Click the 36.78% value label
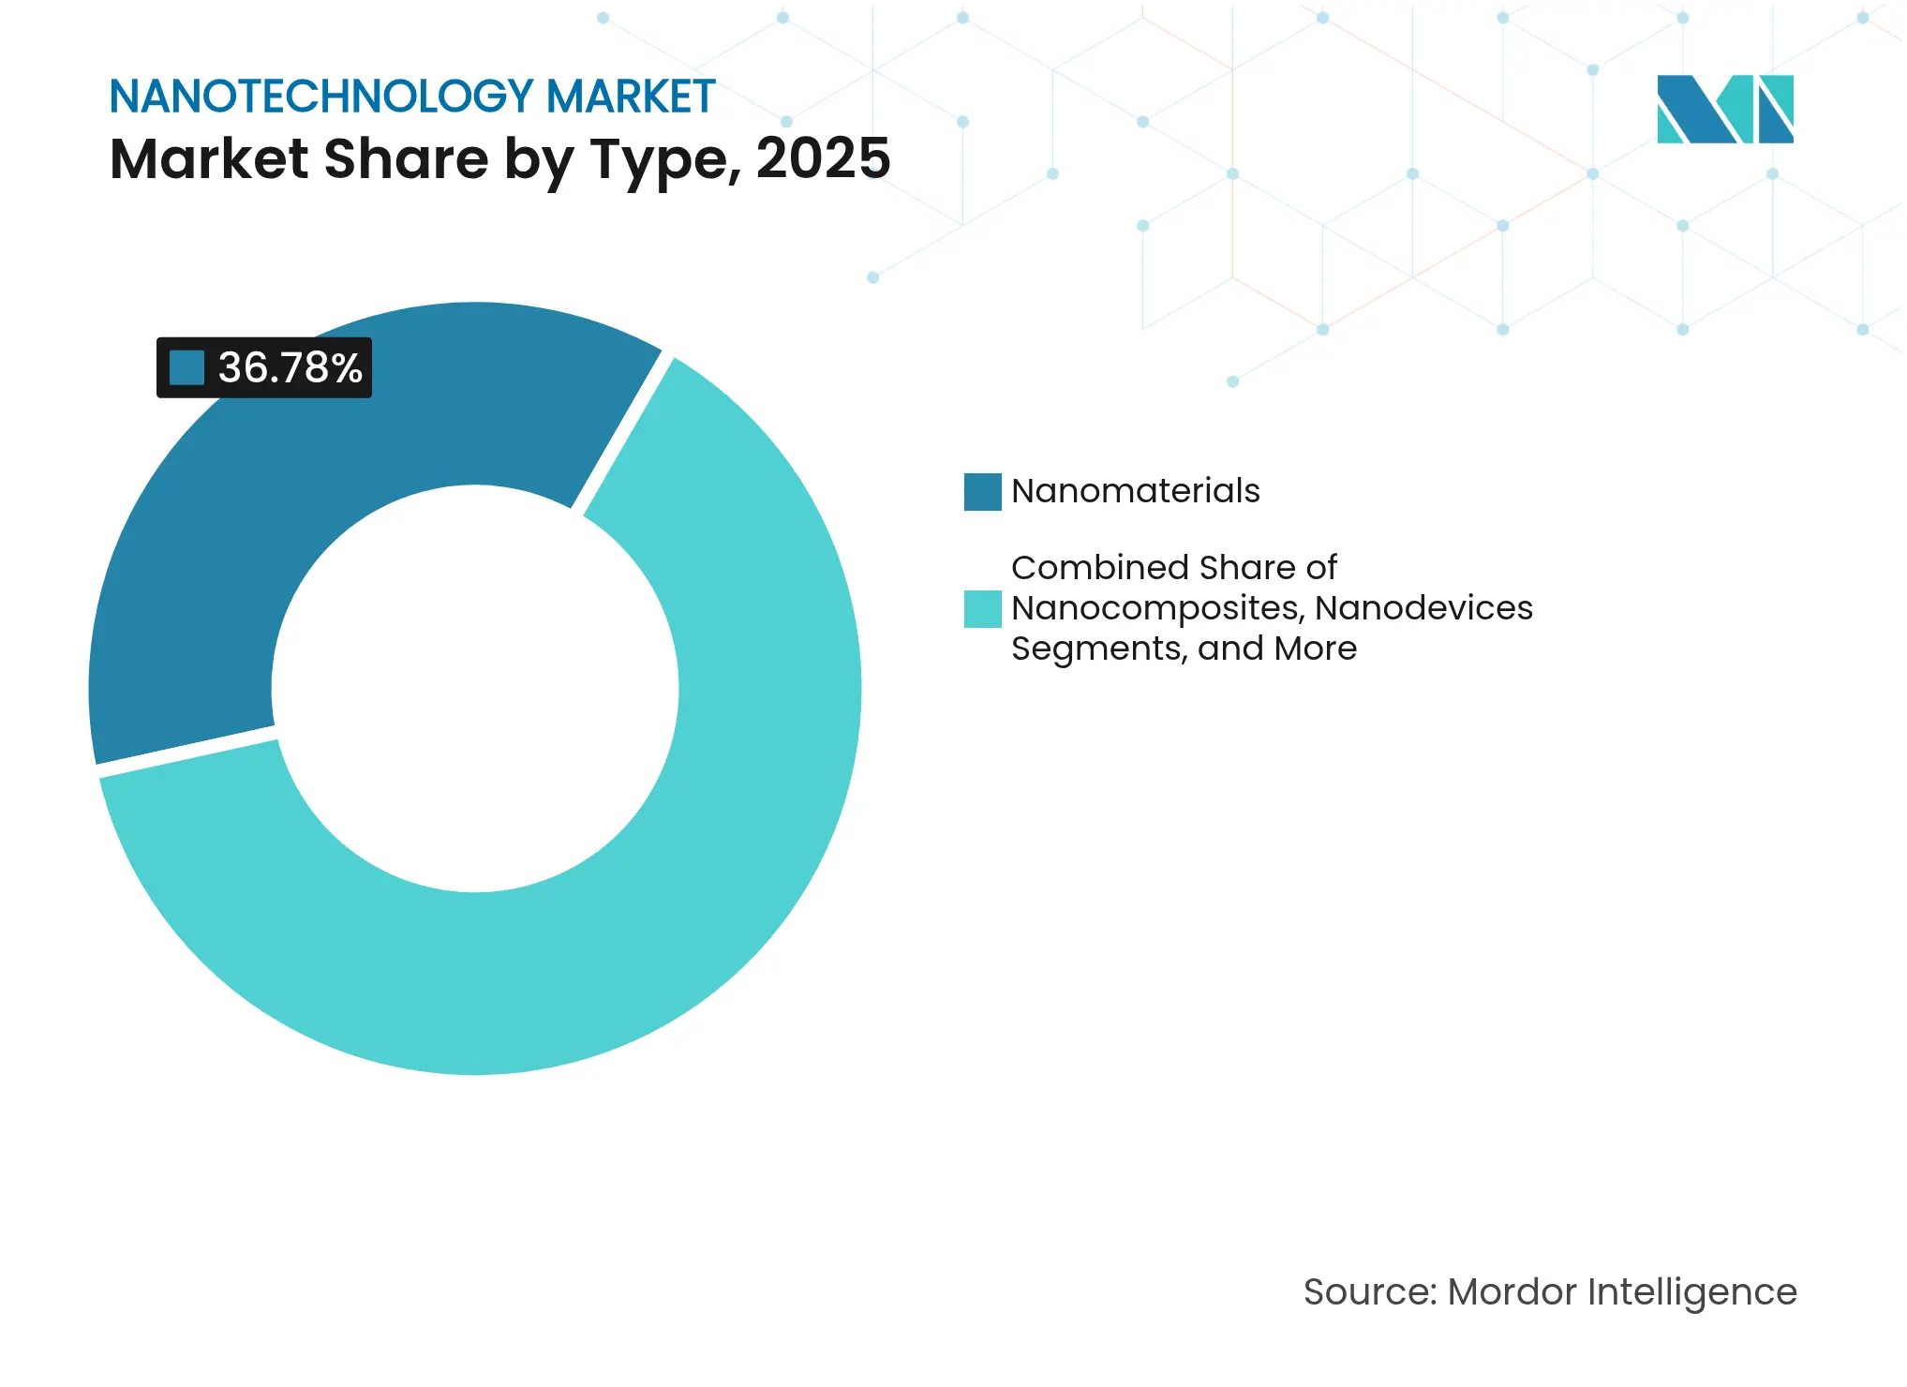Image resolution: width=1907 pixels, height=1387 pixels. (290, 367)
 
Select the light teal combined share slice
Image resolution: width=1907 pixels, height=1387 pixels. (656, 890)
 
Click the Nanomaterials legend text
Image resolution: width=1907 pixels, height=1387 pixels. (1135, 491)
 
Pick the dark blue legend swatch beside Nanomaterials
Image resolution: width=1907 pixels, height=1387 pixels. (982, 492)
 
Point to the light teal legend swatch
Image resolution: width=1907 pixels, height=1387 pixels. (982, 608)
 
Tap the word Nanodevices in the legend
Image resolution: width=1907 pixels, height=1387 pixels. (1423, 608)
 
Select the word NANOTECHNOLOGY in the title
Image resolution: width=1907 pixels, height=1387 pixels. (321, 97)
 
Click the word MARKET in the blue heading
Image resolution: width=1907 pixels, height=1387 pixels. (631, 97)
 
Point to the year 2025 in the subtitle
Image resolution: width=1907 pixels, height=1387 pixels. (823, 158)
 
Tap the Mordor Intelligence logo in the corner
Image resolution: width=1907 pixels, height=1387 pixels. (1724, 110)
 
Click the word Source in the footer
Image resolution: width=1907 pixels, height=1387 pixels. (1369, 1292)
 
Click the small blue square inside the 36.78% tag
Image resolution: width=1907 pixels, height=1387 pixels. (186, 367)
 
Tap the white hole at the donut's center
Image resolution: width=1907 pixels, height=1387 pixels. (475, 689)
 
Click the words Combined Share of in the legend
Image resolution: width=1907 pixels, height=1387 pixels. (1173, 568)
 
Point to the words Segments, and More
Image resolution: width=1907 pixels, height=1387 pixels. (1184, 649)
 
